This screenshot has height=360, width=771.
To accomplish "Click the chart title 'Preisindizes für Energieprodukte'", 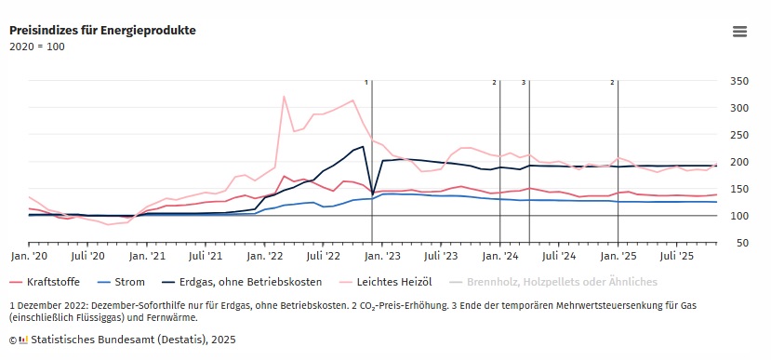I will coord(102,30).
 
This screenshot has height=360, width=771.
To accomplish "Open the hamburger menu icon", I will coord(739,32).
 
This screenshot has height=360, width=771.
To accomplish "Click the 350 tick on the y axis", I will coord(738,81).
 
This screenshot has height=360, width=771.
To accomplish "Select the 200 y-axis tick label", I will coord(738,162).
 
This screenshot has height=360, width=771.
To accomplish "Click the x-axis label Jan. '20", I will coord(29,254).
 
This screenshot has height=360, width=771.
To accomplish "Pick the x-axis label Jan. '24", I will coord(500,254).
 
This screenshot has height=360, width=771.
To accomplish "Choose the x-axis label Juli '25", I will coord(677,254).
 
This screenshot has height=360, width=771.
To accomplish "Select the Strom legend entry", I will coord(126,281).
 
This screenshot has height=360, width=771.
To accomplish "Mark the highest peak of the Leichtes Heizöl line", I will coord(284,96).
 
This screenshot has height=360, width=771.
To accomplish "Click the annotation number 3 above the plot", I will coord(524,83).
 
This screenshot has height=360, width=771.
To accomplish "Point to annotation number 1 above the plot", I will coord(367,83).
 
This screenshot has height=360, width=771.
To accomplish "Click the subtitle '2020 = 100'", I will coord(37,47).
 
